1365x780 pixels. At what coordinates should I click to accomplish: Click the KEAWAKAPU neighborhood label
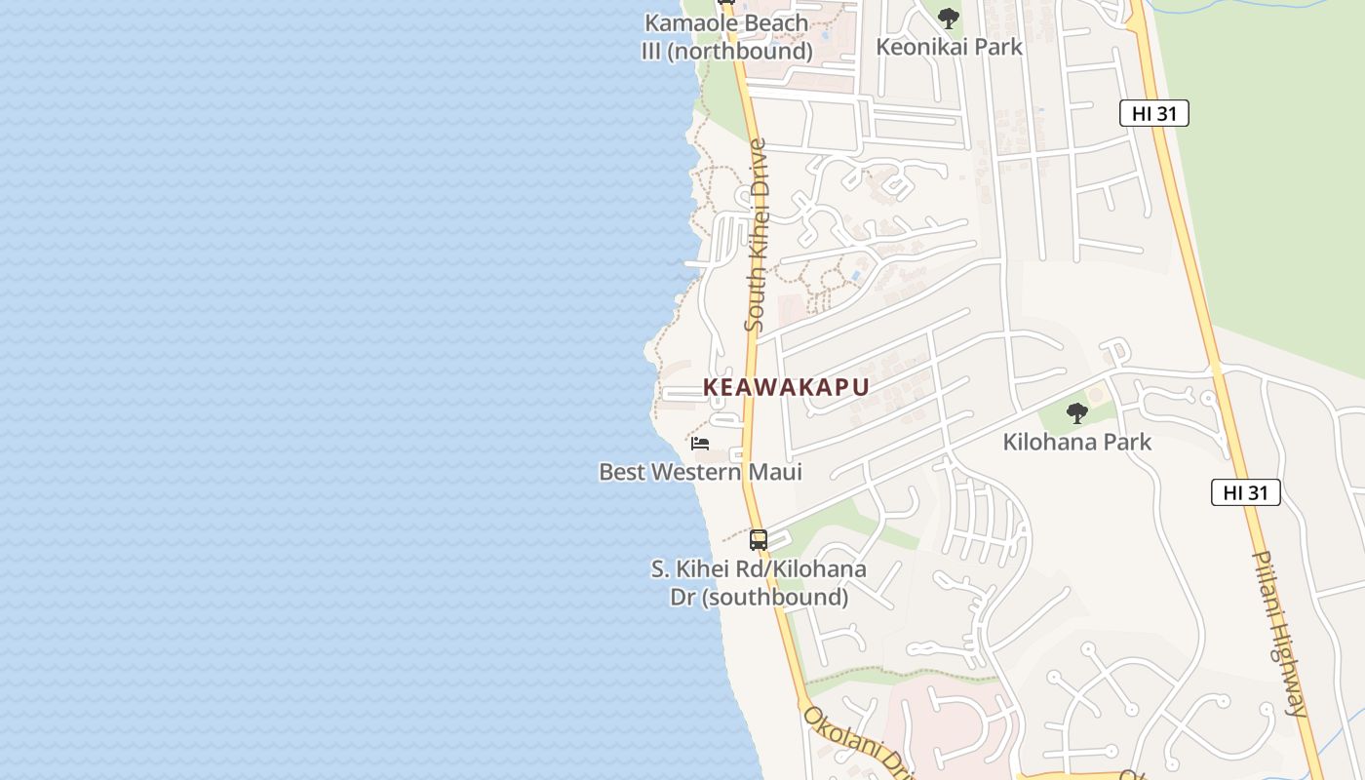coord(786,387)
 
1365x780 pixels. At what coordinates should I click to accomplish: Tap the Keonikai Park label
coord(949,46)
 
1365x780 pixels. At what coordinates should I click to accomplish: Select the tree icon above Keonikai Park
coord(948,18)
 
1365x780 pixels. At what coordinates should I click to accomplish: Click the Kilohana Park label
coord(1076,442)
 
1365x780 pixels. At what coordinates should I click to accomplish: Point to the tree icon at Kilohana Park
coord(1076,413)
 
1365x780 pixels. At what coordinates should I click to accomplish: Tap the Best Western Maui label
coord(700,472)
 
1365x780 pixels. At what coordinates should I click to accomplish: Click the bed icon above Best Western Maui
coord(700,444)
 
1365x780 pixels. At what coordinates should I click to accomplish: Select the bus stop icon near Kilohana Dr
coord(759,539)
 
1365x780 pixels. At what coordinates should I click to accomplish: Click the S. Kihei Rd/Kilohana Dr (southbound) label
coord(759,582)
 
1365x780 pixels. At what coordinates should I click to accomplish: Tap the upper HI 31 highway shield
coord(1153,113)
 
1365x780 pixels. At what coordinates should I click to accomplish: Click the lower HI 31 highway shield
coord(1245,492)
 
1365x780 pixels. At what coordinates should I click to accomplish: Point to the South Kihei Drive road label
coord(757,234)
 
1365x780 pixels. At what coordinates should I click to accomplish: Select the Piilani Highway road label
coord(1280,634)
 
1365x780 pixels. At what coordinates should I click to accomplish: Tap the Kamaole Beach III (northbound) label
coord(726,37)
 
